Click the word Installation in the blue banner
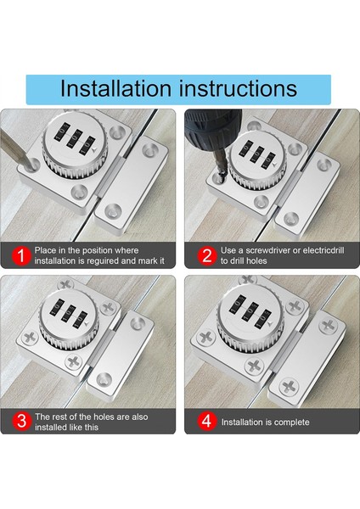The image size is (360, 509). [115, 88]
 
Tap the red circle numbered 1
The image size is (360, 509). [21, 256]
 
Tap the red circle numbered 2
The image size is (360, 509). [207, 256]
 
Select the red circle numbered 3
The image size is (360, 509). [21, 421]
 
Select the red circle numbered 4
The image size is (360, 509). [207, 421]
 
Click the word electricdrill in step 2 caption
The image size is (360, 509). [323, 250]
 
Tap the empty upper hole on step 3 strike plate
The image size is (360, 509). [138, 324]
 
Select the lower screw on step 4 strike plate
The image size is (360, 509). [289, 387]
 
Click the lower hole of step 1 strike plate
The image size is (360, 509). [113, 210]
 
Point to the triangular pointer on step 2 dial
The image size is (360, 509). [276, 165]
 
